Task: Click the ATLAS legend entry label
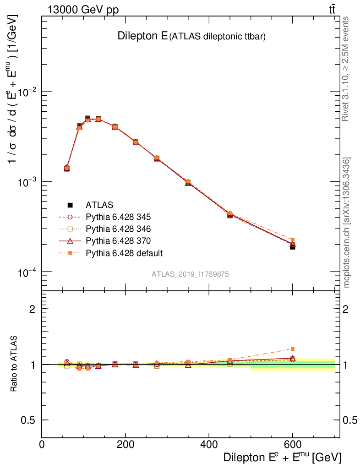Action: coord(99,205)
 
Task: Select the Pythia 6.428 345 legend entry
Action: coord(118,217)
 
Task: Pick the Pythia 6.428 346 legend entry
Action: coord(118,229)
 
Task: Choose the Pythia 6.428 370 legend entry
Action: coord(118,240)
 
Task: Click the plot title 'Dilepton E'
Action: coord(142,36)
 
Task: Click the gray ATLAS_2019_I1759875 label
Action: coord(191,274)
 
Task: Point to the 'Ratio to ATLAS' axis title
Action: coord(14,364)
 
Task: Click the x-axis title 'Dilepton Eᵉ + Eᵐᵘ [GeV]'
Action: coord(282,458)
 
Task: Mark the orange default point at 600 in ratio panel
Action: coord(292,349)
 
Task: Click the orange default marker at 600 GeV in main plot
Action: coord(292,240)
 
